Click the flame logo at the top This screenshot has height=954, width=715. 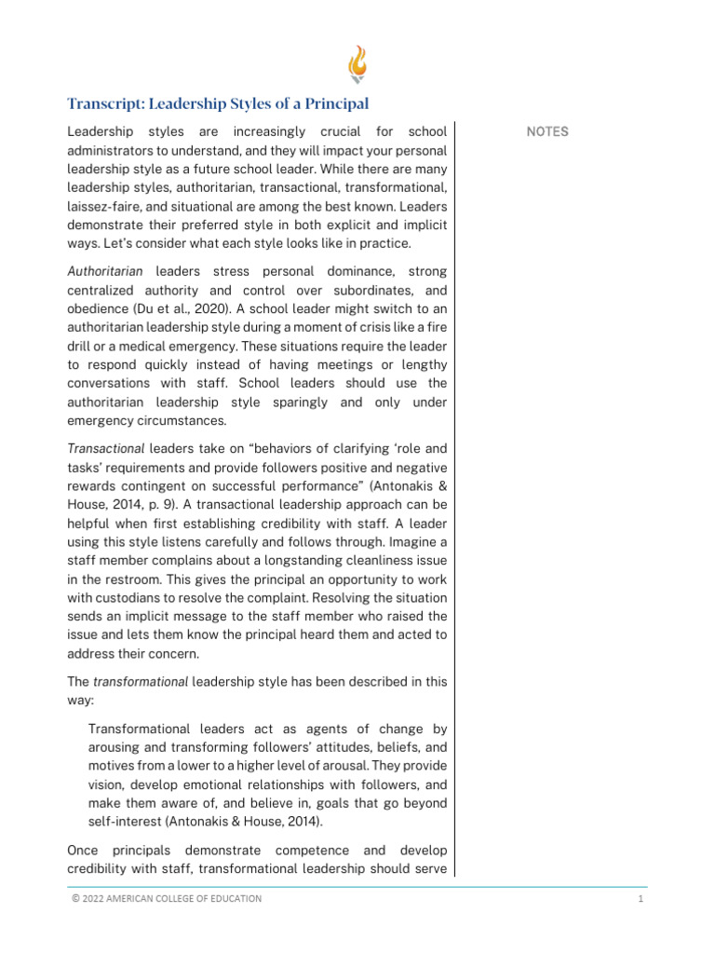click(x=357, y=65)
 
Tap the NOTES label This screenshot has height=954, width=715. click(x=547, y=131)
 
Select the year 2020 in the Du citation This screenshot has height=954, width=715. click(x=178, y=308)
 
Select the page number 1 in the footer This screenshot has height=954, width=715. click(x=641, y=898)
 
